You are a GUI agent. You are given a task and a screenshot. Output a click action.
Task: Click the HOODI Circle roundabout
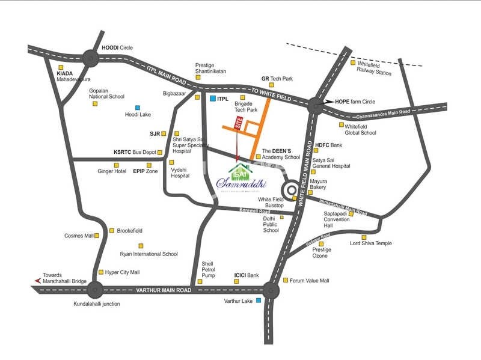91,58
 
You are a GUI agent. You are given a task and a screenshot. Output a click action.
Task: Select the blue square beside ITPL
212,97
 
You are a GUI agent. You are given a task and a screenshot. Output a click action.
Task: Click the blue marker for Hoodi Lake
138,107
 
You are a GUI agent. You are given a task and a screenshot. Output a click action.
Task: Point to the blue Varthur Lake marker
259,300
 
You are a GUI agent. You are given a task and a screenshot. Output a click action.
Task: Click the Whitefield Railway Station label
375,68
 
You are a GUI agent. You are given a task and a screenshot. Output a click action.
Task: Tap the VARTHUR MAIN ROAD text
164,290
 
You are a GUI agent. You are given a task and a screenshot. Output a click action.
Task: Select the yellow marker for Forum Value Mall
285,280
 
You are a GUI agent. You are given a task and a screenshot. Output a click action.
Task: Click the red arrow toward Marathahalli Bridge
38,281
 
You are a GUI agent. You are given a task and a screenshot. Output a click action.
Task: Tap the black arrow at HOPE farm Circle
327,102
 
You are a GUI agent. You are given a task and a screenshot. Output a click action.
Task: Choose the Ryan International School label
149,254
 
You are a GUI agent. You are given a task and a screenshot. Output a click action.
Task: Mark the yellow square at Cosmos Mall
98,236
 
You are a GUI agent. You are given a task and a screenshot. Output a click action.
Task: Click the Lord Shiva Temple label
371,243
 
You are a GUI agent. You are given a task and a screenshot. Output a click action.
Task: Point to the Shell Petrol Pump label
208,269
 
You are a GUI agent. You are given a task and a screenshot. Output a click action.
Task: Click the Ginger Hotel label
112,171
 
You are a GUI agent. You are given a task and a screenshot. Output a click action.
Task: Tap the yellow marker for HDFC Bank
309,145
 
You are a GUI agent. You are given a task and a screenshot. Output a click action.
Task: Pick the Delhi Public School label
271,225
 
